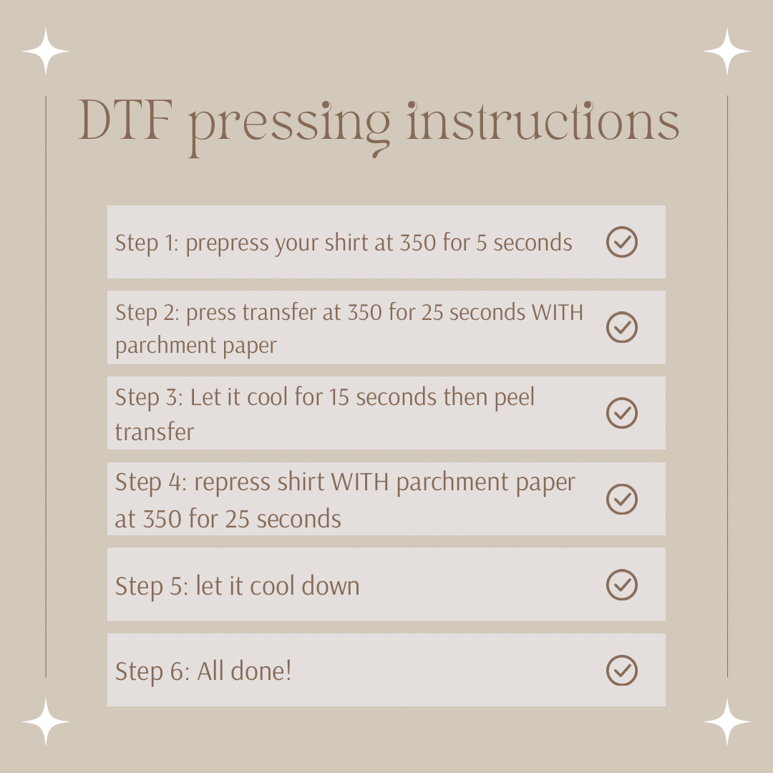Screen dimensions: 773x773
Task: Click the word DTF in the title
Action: coord(126,120)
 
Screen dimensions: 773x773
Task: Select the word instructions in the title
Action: coord(543,120)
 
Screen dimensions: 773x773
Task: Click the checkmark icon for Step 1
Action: coord(622,242)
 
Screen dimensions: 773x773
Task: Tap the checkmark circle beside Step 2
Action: coord(622,327)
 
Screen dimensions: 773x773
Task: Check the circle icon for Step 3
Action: coord(622,413)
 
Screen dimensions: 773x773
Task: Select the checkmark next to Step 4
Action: coord(622,499)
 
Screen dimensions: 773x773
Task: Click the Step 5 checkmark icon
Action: coord(622,585)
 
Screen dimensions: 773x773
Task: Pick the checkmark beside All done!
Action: coord(622,671)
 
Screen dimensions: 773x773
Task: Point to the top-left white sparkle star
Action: coord(46,52)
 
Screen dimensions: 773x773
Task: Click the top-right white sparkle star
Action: coord(727,52)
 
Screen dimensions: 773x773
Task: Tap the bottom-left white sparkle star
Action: coord(46,721)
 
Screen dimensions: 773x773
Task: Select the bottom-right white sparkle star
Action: coord(727,721)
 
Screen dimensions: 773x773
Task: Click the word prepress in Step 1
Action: coord(228,244)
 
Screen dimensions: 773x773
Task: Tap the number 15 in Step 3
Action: coord(339,397)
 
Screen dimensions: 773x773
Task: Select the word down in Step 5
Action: coord(330,585)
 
